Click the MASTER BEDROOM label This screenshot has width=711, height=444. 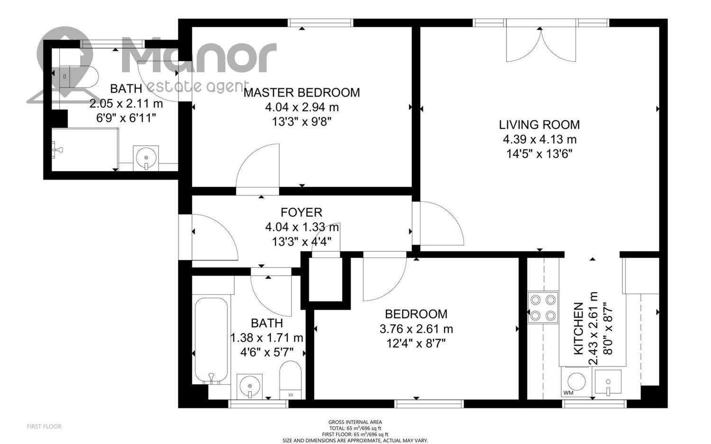click(x=301, y=93)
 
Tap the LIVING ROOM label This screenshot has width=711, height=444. click(x=539, y=125)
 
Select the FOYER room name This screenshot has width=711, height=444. click(x=301, y=212)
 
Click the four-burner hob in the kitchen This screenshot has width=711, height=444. click(x=543, y=308)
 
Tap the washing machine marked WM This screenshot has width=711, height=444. click(x=576, y=381)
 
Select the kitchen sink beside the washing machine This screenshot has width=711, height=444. click(x=608, y=382)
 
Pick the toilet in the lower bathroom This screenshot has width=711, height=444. click(x=291, y=380)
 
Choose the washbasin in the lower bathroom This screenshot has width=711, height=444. click(x=250, y=386)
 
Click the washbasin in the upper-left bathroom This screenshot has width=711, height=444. click(x=146, y=158)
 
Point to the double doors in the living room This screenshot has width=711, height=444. click(x=540, y=45)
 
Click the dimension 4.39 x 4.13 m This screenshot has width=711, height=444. click(x=539, y=139)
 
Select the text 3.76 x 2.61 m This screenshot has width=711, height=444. click(x=416, y=329)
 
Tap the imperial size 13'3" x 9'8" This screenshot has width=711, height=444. click(x=301, y=122)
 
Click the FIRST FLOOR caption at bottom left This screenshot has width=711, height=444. click(x=44, y=426)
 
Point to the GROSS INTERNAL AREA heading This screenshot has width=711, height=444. click(x=355, y=422)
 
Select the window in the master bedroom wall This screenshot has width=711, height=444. click(x=320, y=23)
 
